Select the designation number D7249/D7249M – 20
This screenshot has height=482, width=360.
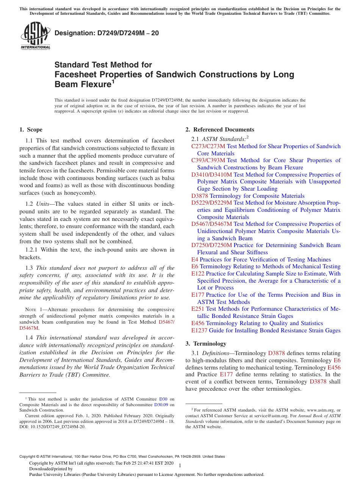point(107,33)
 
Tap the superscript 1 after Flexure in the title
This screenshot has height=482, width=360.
point(113,81)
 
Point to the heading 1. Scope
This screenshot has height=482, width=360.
point(31,130)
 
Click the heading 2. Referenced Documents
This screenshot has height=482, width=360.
point(220,130)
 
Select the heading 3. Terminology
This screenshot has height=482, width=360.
point(206,344)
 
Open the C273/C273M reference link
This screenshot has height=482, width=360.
point(208,146)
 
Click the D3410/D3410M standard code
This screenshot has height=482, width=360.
point(211,175)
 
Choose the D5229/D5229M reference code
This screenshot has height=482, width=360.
point(211,203)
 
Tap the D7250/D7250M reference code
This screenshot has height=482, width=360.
point(211,246)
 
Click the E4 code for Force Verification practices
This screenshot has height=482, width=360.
point(195,260)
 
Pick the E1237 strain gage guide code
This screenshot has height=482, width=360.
point(199,330)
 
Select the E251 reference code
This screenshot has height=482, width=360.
point(198,309)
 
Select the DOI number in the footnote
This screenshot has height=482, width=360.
point(53,427)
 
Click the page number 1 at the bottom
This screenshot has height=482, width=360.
point(180,466)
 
